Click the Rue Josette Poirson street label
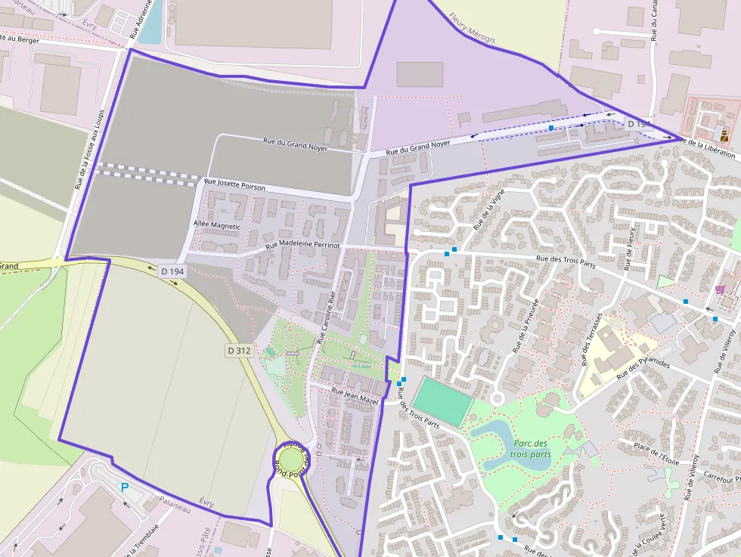[x=234, y=184]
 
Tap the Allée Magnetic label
[x=216, y=226]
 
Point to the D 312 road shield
[x=237, y=351]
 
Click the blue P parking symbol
[x=125, y=488]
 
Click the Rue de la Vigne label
[x=488, y=211]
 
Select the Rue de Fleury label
[x=629, y=248]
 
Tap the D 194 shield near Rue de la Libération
[x=638, y=124]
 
